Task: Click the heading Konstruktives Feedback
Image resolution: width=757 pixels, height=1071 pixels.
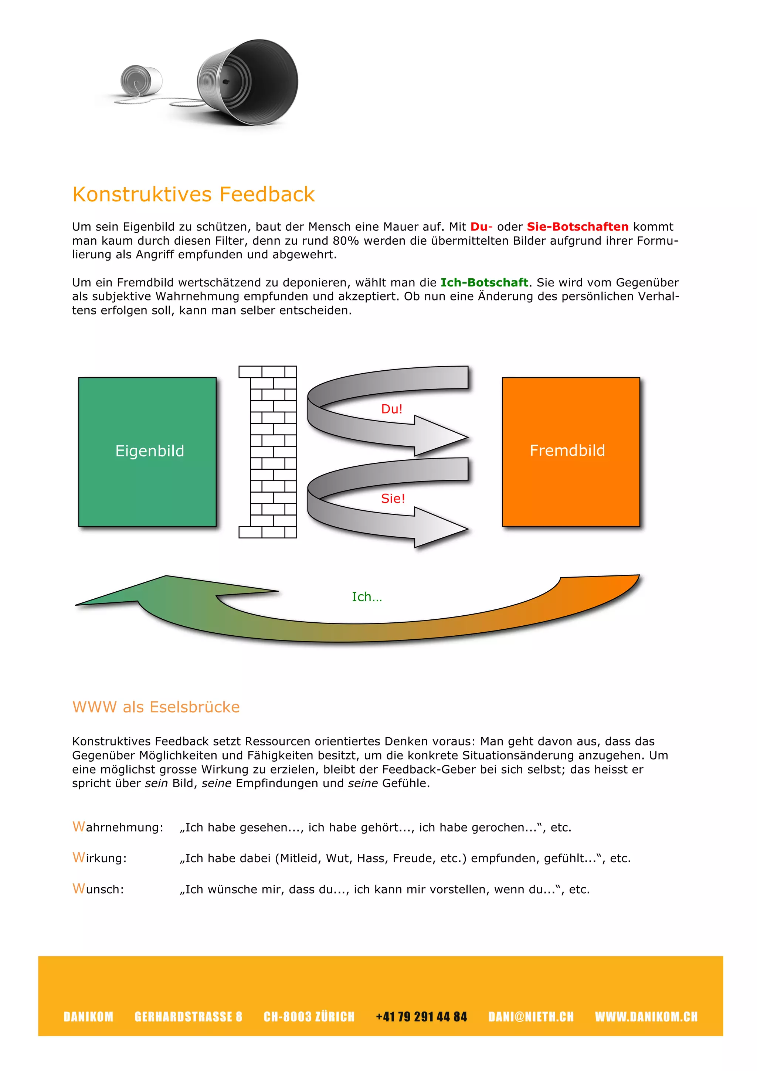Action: (x=194, y=194)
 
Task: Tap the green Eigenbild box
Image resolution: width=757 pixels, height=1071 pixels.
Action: (x=147, y=452)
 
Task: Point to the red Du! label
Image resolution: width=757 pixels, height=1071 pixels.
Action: (x=391, y=409)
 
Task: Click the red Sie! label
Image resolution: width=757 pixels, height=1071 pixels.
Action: (x=393, y=499)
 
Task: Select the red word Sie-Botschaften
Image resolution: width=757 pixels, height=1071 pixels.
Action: (x=577, y=227)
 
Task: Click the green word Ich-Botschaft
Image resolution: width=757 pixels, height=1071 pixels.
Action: (x=484, y=283)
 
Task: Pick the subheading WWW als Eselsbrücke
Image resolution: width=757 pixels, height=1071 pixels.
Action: (x=156, y=707)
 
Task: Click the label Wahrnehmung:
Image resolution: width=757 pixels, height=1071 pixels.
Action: (x=118, y=827)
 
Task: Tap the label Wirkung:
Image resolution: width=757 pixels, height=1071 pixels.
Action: (x=100, y=858)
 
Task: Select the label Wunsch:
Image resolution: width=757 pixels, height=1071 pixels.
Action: (x=98, y=889)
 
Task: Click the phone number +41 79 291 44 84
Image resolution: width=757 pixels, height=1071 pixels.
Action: (x=421, y=1017)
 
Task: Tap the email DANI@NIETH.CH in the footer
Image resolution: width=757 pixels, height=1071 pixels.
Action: (x=531, y=1017)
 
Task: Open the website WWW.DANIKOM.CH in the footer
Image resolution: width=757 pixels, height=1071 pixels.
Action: (x=646, y=1017)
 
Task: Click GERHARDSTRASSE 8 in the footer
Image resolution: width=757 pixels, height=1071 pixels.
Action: (x=189, y=1017)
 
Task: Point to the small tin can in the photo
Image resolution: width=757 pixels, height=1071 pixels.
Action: (x=141, y=79)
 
